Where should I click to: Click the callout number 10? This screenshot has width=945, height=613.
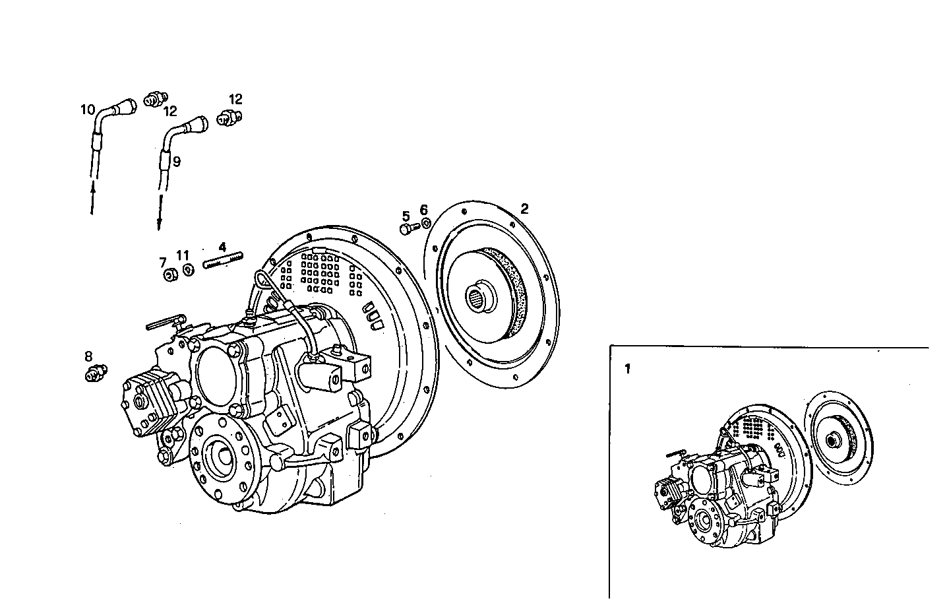point(88,110)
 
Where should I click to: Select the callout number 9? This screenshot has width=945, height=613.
point(176,160)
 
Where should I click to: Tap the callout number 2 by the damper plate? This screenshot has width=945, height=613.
point(524,209)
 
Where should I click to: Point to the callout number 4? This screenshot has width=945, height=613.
point(223,247)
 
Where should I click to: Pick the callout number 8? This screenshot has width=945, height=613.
point(88,356)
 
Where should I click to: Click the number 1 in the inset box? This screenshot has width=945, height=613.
point(627,369)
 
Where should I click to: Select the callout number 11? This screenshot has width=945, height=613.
point(183,255)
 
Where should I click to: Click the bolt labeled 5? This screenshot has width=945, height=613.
point(408,228)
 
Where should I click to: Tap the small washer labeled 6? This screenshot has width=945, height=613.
point(425,223)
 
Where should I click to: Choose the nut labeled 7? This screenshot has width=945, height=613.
point(169,275)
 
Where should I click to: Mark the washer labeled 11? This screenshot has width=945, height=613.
point(188,269)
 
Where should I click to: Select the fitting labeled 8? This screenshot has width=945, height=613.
point(95,374)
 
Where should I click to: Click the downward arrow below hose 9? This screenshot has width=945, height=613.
point(159,218)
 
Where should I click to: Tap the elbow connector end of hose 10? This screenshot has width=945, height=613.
point(125,106)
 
